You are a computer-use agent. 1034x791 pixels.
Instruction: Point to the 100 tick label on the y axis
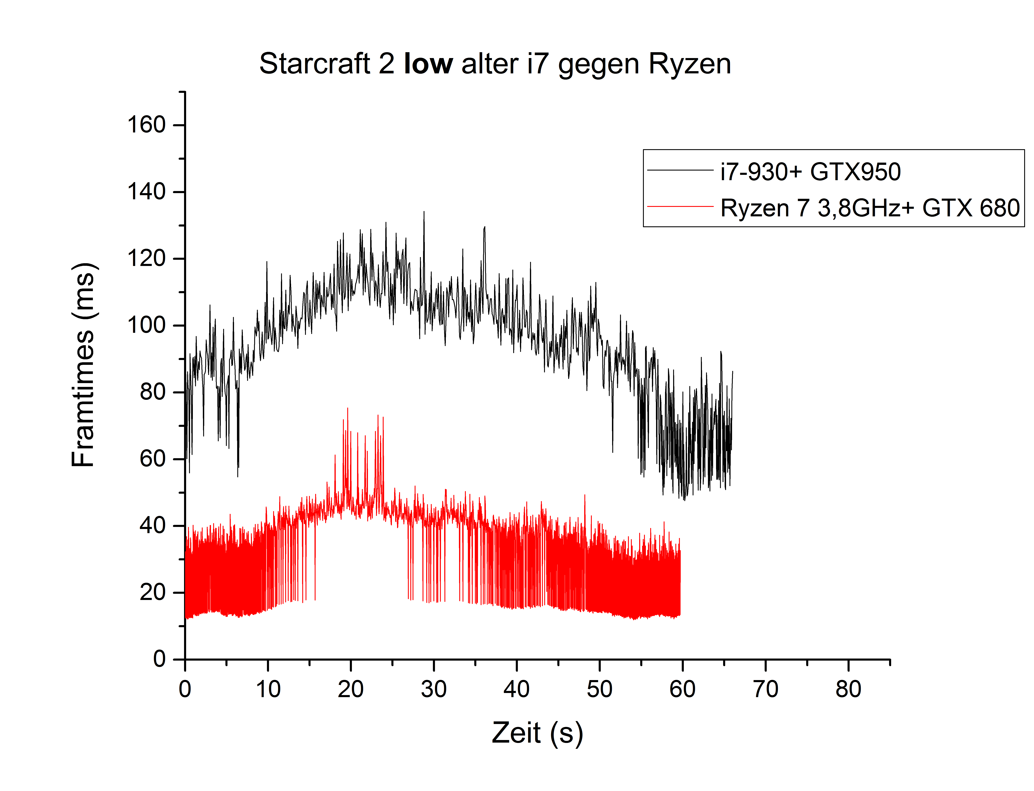[x=146, y=325]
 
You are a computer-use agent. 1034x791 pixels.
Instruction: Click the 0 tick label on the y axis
[x=159, y=659]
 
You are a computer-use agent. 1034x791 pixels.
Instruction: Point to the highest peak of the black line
[x=423, y=212]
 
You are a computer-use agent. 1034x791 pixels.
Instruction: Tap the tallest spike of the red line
[x=348, y=408]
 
